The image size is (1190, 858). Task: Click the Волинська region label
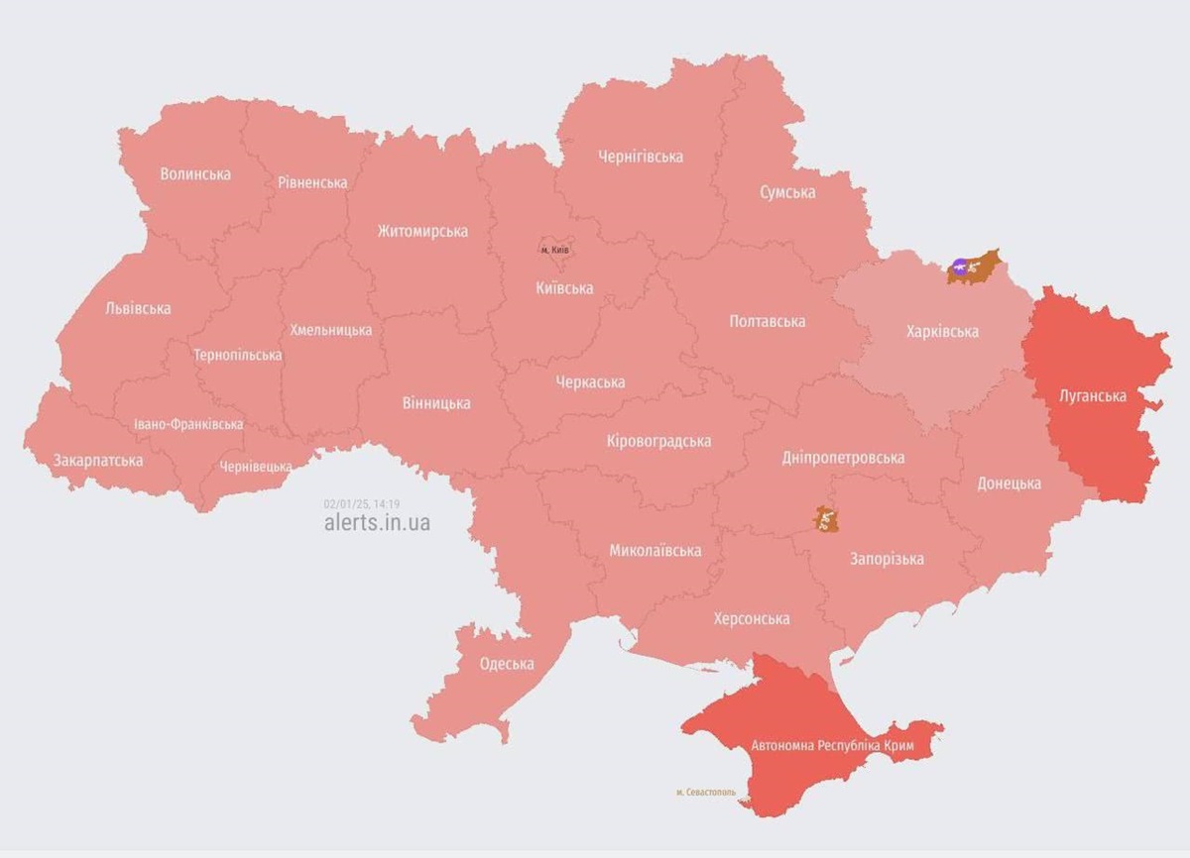pyautogui.click(x=195, y=174)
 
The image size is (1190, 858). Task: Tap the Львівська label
pyautogui.click(x=138, y=308)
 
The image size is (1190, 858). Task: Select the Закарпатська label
pyautogui.click(x=98, y=461)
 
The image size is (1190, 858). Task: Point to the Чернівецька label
pyautogui.click(x=256, y=467)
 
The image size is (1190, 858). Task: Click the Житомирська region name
pyautogui.click(x=422, y=232)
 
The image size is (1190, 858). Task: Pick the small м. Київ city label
pyautogui.click(x=555, y=250)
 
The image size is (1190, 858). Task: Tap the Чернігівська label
pyautogui.click(x=641, y=157)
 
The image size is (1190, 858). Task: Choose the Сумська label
pyautogui.click(x=787, y=192)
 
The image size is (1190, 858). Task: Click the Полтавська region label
pyautogui.click(x=767, y=322)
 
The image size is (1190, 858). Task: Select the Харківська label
pyautogui.click(x=942, y=331)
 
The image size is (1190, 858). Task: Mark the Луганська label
pyautogui.click(x=1093, y=396)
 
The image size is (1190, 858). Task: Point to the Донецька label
pyautogui.click(x=1009, y=483)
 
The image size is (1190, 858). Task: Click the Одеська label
pyautogui.click(x=507, y=664)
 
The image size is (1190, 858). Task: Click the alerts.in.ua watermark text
pyautogui.click(x=377, y=523)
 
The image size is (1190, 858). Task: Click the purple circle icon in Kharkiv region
pyautogui.click(x=959, y=266)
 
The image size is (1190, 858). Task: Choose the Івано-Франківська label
pyautogui.click(x=188, y=425)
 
